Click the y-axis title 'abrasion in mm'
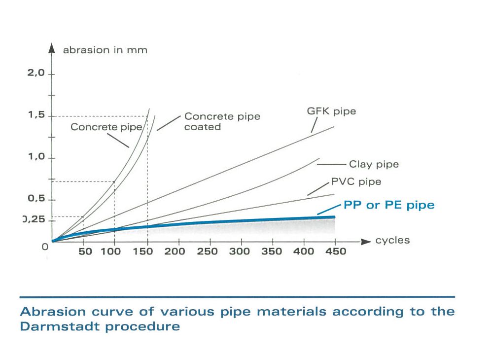click(105, 50)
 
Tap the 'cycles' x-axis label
click(393, 240)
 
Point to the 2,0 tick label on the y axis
click(36, 73)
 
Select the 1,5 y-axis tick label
click(36, 115)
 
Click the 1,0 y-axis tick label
click(36, 158)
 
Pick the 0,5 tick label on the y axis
click(36, 199)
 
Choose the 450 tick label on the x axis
click(336, 252)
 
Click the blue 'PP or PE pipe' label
click(389, 205)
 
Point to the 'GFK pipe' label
click(331, 111)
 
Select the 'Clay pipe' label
click(374, 164)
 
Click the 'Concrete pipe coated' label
click(222, 121)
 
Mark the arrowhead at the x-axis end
click(365, 242)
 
